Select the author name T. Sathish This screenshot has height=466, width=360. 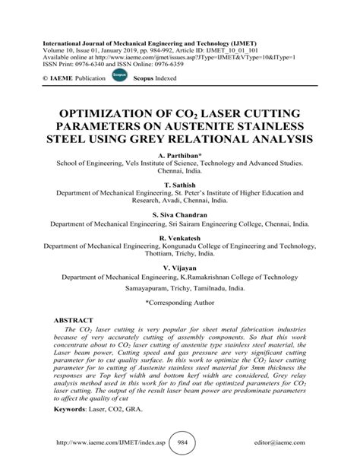[x=180, y=184]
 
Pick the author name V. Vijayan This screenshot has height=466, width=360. [x=180, y=269]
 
